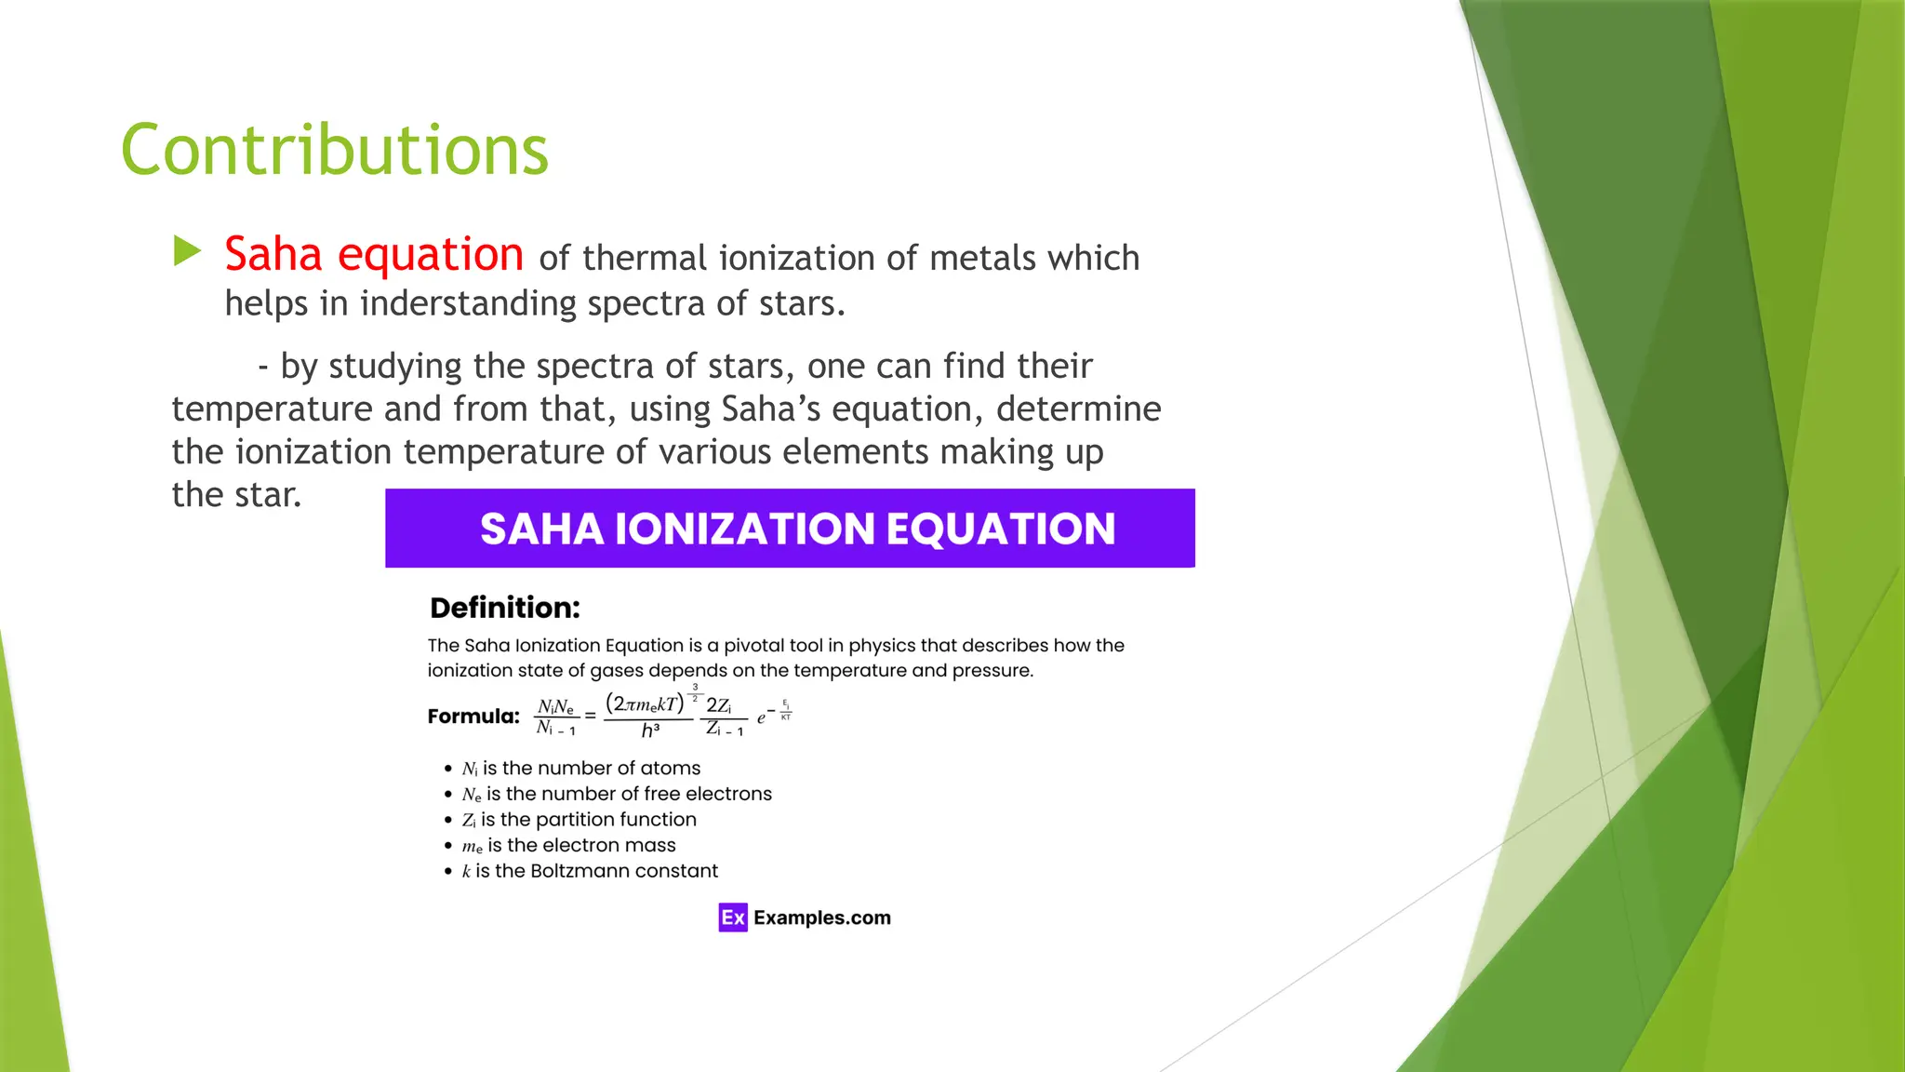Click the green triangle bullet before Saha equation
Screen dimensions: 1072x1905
point(187,251)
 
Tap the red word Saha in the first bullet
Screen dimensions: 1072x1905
point(273,254)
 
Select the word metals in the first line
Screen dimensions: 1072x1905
point(982,258)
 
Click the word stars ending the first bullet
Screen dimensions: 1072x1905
point(797,303)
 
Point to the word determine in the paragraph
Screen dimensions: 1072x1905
point(1078,409)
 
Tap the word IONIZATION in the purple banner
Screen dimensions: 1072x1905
point(745,529)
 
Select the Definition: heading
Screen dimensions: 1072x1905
point(504,608)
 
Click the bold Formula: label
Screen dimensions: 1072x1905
point(473,716)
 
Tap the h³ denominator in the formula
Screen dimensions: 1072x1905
point(650,730)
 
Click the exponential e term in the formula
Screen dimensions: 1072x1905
point(762,717)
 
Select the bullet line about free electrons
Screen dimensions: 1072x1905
point(617,794)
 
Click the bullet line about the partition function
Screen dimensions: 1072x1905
point(579,820)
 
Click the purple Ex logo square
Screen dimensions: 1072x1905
point(733,918)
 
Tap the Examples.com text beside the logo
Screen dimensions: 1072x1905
point(822,918)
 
